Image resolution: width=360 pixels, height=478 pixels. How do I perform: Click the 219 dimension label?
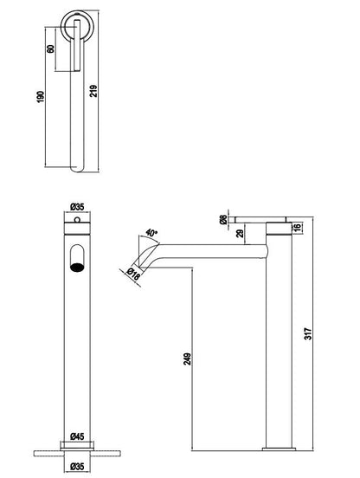[93, 91]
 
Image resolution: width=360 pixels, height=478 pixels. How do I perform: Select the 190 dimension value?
[41, 97]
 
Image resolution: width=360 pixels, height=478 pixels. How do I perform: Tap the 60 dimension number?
[50, 48]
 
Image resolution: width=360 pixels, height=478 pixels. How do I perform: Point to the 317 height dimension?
[308, 333]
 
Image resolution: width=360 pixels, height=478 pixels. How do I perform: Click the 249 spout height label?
[188, 358]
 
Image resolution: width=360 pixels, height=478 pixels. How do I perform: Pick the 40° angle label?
[151, 233]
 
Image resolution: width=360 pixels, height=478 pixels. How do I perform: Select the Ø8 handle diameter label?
[223, 219]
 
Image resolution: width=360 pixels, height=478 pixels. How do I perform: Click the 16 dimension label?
[298, 227]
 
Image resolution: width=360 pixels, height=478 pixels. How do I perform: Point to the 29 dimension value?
[241, 234]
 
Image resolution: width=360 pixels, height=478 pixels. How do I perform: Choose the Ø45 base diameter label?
[77, 436]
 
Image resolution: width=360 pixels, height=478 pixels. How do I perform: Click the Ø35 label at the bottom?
[77, 467]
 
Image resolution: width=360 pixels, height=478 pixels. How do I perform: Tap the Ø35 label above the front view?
[77, 207]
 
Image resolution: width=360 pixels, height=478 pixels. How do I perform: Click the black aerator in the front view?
[77, 268]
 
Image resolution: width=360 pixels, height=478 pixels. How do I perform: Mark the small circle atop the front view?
[77, 219]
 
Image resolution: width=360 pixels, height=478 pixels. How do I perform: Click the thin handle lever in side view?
[261, 220]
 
